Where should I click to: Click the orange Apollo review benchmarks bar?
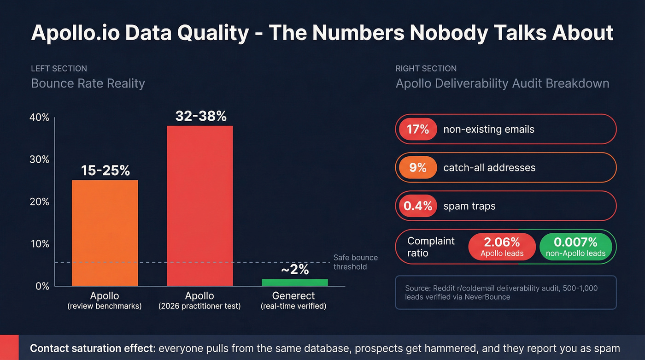pyautogui.click(x=105, y=233)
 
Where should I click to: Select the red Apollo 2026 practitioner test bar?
pyautogui.click(x=199, y=206)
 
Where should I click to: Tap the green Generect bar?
pyautogui.click(x=294, y=282)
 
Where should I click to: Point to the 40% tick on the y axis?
pyautogui.click(x=39, y=118)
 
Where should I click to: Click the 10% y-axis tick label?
pyautogui.click(x=39, y=244)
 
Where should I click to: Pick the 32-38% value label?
pyautogui.click(x=201, y=116)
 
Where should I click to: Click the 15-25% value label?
pyautogui.click(x=106, y=171)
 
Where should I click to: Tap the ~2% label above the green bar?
pyautogui.click(x=295, y=270)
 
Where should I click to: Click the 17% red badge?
pyautogui.click(x=417, y=130)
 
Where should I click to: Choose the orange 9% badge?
pyautogui.click(x=417, y=168)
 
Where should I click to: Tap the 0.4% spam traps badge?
pyautogui.click(x=417, y=206)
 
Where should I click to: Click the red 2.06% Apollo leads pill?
pyautogui.click(x=502, y=247)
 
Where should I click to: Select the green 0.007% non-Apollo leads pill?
pyautogui.click(x=575, y=247)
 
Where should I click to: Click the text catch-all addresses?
pyautogui.click(x=489, y=168)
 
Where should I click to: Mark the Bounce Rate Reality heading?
pyautogui.click(x=88, y=83)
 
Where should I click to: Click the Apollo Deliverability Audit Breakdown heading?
pyautogui.click(x=502, y=83)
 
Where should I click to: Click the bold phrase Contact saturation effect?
pyautogui.click(x=92, y=348)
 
